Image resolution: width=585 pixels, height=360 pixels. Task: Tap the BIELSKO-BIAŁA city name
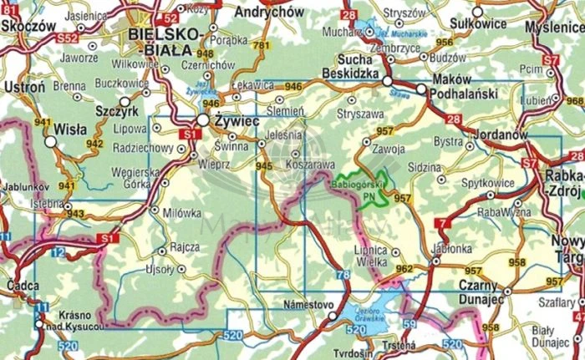pos(165,38)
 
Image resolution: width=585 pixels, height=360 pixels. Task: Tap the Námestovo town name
pos(309,306)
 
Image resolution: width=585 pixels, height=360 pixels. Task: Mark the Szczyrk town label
pos(119,112)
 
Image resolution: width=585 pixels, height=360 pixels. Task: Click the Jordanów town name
pos(500,134)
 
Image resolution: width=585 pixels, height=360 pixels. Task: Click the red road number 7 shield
pos(441,225)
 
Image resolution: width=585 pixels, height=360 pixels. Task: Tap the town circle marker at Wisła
pos(50,143)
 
